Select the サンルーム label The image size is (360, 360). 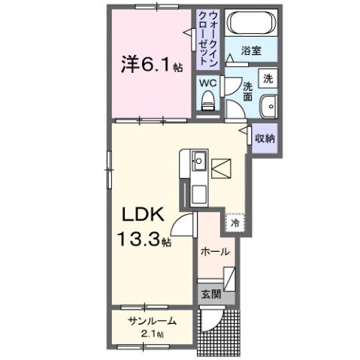[152, 321]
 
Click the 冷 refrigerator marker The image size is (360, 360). [235, 222]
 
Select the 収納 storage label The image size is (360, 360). [264, 138]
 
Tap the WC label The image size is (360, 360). [208, 83]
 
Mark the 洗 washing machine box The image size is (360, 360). [268, 77]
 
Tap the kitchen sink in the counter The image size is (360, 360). [198, 161]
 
